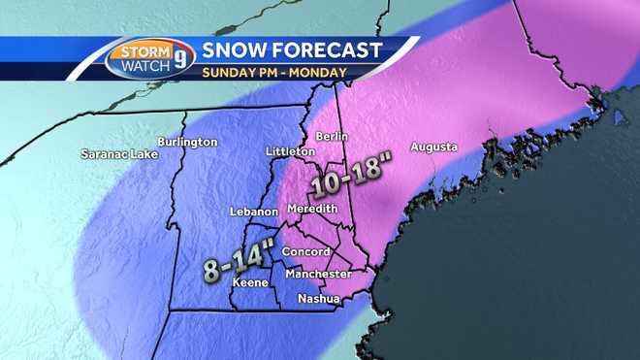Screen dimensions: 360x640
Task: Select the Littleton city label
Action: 290,152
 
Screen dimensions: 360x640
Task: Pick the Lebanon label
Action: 254,212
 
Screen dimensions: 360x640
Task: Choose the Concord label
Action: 305,252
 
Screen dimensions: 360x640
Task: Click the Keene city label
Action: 249,282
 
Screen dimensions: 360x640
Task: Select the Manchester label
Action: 319,275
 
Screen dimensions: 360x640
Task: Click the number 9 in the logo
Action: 180,57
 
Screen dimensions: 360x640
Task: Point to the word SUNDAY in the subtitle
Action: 230,72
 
